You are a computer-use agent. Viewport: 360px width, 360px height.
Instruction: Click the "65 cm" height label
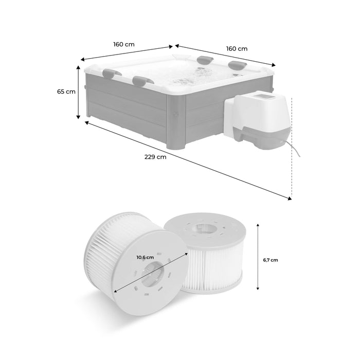[x=67, y=92]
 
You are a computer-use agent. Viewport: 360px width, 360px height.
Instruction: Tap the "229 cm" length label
[x=155, y=157]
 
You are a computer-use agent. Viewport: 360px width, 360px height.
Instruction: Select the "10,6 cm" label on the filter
[x=146, y=257]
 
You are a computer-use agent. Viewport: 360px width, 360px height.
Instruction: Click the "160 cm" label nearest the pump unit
[x=237, y=48]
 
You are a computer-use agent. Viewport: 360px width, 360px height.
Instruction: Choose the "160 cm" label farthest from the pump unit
[x=124, y=44]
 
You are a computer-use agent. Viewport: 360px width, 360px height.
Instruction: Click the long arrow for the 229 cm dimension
[x=188, y=159]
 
